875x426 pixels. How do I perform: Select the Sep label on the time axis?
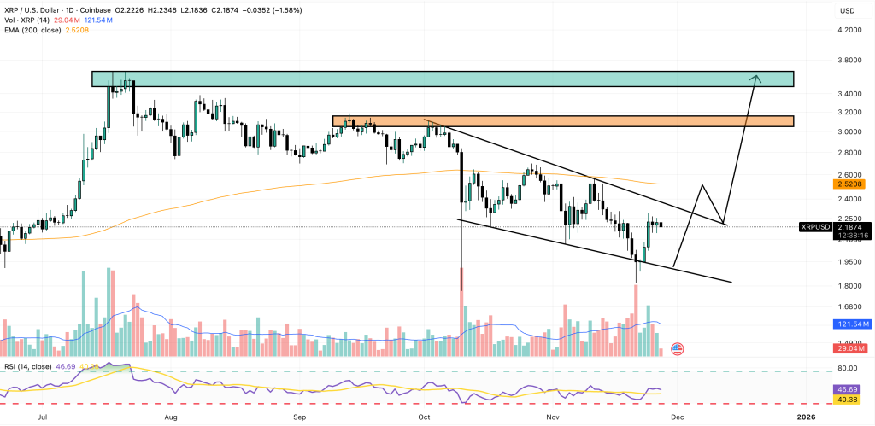pos(300,417)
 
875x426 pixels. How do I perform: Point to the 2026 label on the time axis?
pos(807,417)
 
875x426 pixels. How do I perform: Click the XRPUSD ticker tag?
pos(817,226)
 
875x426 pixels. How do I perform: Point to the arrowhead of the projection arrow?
pos(755,78)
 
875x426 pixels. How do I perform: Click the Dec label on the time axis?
pos(676,417)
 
